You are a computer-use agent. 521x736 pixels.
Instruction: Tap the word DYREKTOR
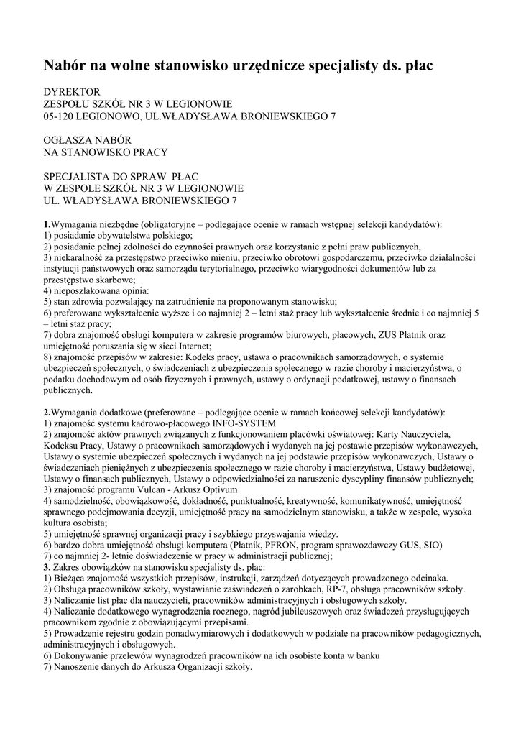click(72, 92)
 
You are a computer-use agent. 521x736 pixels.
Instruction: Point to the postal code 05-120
click(60, 116)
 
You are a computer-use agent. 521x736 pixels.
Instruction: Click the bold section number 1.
click(46, 224)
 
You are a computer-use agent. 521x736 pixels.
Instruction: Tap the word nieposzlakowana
click(83, 291)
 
